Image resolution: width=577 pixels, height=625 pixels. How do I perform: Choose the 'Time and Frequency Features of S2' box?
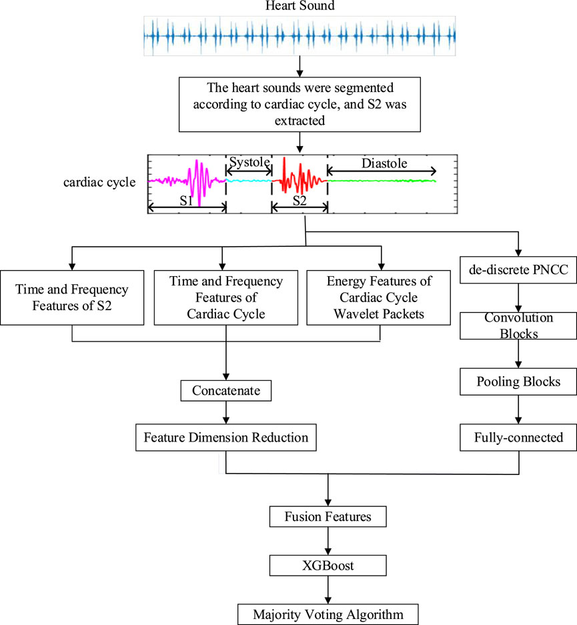72,297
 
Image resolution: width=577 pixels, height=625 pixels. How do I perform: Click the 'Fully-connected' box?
518,438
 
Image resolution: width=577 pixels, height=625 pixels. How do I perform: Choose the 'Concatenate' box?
227,391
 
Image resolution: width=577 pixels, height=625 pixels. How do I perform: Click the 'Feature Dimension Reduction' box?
227,438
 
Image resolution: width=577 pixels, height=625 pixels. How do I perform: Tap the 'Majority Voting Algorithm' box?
327,613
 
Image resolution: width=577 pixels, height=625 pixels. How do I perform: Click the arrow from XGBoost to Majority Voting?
327,589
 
